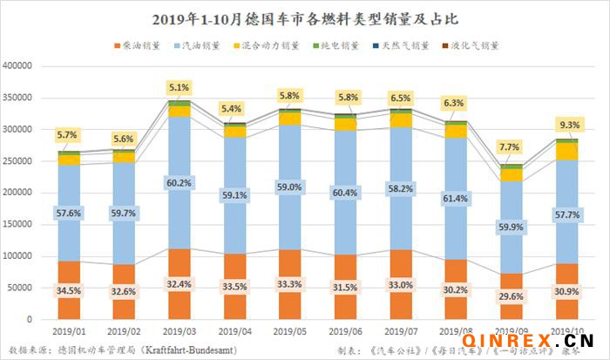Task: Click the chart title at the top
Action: pyautogui.click(x=305, y=18)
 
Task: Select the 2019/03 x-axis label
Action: pyautogui.click(x=180, y=331)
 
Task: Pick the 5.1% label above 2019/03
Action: pyautogui.click(x=180, y=87)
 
